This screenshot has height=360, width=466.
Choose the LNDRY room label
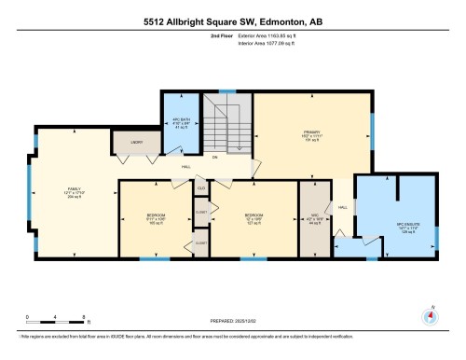click(125, 144)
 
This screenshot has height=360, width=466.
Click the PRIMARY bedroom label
click(311, 137)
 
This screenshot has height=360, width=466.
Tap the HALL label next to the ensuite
click(342, 206)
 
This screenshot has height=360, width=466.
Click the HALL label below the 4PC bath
click(186, 168)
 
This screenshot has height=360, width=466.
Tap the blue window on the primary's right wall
click(372, 125)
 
